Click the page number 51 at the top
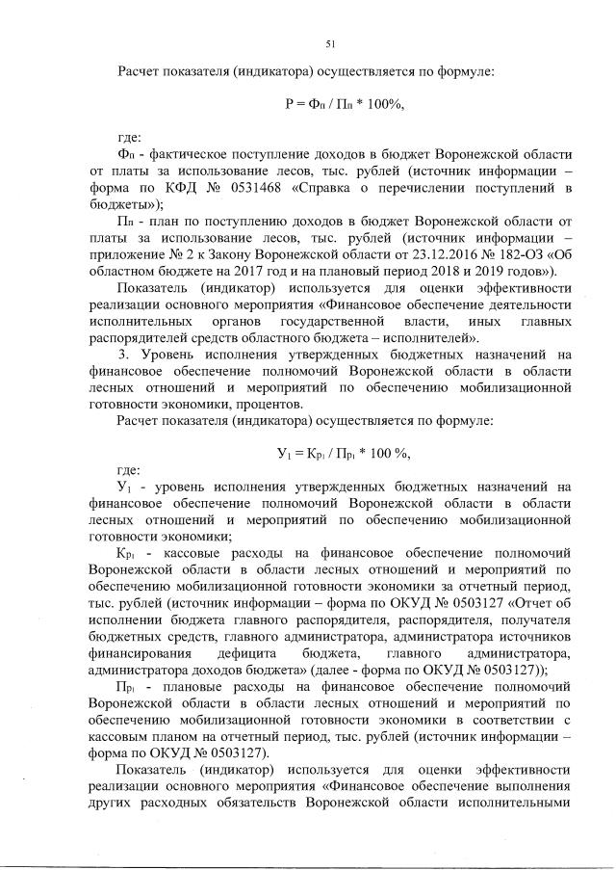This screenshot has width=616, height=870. [330, 42]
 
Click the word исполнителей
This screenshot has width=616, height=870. [422, 336]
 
